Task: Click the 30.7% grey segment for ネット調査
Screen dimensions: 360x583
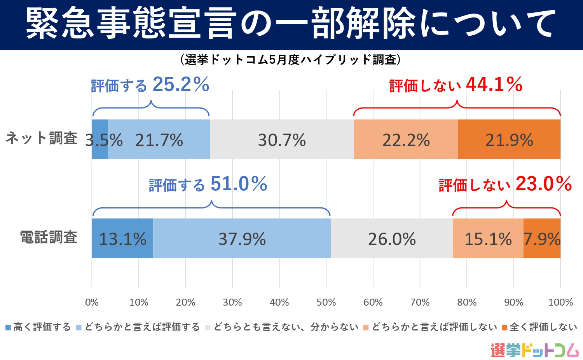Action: [282, 139]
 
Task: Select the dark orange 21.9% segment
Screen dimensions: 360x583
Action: [509, 139]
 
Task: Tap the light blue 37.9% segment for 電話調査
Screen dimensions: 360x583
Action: [242, 238]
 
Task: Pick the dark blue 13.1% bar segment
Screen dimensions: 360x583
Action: [122, 238]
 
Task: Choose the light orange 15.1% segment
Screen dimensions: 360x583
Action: [488, 238]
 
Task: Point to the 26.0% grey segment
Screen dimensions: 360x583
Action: [392, 238]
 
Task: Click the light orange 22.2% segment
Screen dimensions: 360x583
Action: [406, 139]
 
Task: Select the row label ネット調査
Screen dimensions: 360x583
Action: [42, 138]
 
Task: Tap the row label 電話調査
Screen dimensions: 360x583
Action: [49, 237]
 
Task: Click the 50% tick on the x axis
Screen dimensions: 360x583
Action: [326, 303]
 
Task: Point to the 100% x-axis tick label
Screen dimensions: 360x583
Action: [560, 303]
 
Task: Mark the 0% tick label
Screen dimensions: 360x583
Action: [92, 303]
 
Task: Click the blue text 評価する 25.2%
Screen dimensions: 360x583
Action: [150, 85]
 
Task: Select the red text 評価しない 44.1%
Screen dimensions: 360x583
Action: [456, 85]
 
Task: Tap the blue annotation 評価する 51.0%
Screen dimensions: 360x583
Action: [208, 184]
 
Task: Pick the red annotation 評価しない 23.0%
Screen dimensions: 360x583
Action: [505, 184]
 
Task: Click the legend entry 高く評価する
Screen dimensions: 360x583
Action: [38, 327]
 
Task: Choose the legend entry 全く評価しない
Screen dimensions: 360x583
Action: [539, 327]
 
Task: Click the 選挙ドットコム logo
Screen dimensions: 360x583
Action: [534, 350]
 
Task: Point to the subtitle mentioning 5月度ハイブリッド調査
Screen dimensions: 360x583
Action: [291, 59]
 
